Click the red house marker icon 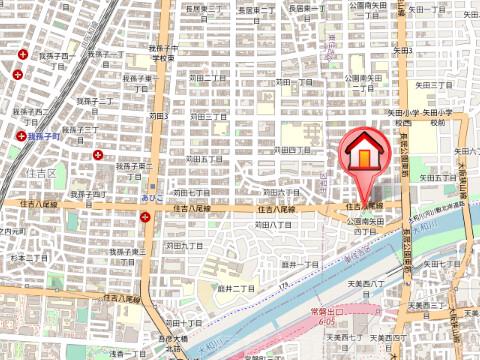point(366,152)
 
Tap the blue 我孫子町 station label point(46,134)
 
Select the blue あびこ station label point(153,199)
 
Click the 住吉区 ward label point(40,173)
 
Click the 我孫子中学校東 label point(164,53)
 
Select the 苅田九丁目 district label point(185,245)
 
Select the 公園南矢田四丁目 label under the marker point(367,225)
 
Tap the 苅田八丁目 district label point(272,226)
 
